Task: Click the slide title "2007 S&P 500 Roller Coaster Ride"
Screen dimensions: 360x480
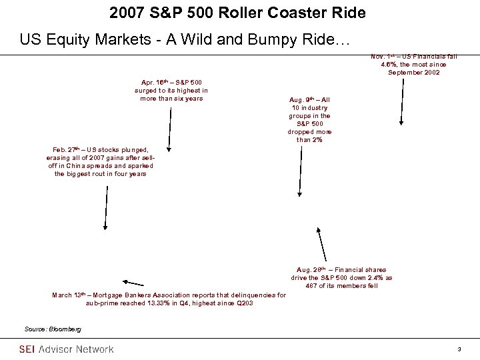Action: (239, 13)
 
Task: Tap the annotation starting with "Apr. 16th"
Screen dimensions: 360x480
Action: (171, 90)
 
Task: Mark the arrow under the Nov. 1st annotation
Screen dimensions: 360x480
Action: (401, 100)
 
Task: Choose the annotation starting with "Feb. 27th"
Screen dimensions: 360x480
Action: (105, 162)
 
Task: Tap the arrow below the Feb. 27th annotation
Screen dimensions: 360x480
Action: (105, 207)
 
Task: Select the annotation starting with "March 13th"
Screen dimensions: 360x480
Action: (169, 298)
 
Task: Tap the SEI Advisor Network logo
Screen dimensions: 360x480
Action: (66, 349)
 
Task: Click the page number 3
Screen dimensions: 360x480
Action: (460, 349)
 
